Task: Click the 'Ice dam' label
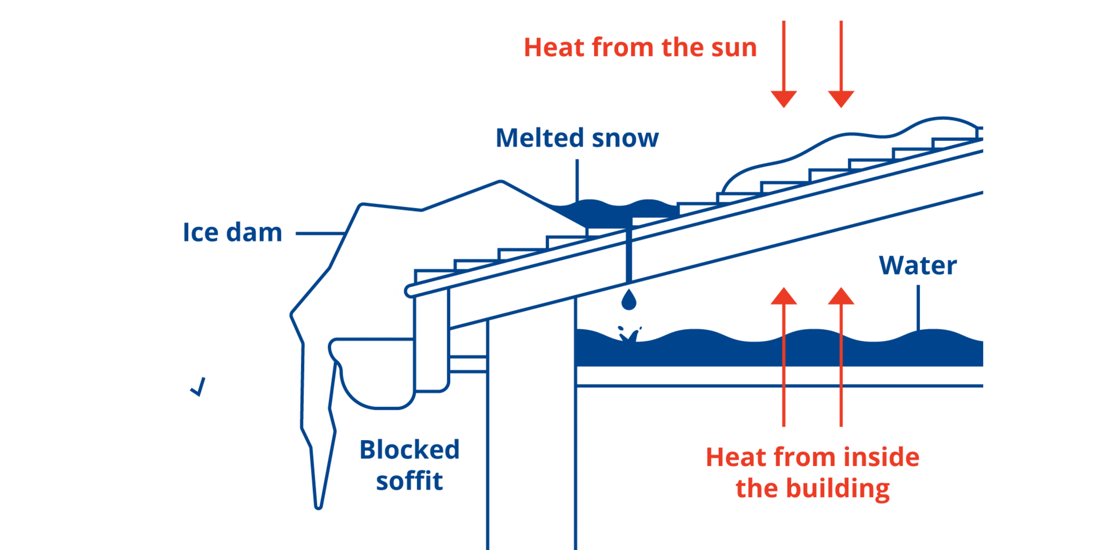pos(232,232)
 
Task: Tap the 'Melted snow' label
pos(577,138)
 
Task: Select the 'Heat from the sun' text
pos(640,48)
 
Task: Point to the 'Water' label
pos(918,265)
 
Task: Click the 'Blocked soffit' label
pos(409,465)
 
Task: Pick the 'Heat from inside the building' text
pos(813,473)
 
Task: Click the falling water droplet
pos(629,301)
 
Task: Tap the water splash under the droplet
pos(629,334)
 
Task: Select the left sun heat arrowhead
pos(784,98)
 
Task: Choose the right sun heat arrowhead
pos(841,98)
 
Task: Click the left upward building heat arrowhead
pos(784,297)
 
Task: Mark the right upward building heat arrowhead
pos(841,297)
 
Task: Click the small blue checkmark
pos(198,387)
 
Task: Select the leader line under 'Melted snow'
pos(577,180)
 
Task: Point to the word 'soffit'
pos(409,481)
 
